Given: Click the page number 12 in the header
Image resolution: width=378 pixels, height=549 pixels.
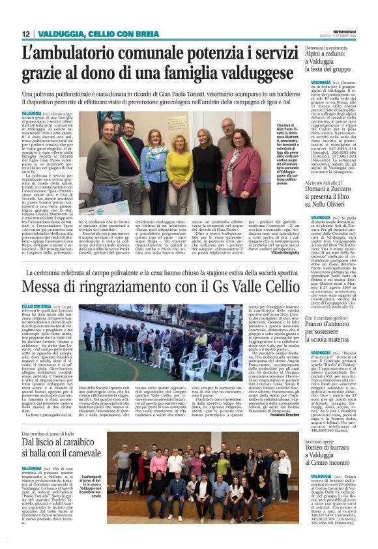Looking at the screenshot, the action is [x=25, y=34].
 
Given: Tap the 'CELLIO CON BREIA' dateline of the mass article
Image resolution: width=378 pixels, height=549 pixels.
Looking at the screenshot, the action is [x=36, y=305].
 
